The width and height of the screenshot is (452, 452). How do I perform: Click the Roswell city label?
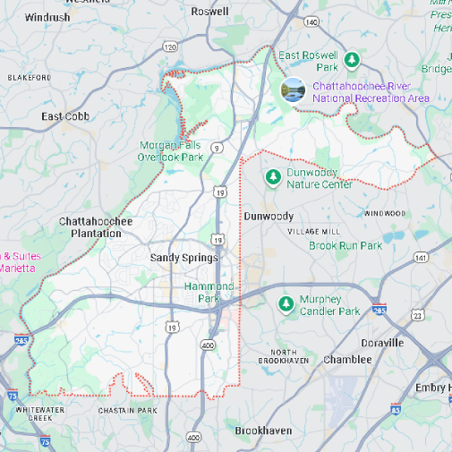(210, 12)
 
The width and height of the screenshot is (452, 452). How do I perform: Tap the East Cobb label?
(65, 116)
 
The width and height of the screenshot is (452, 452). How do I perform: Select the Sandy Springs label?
(183, 258)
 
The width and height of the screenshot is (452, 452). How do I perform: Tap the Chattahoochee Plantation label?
(96, 227)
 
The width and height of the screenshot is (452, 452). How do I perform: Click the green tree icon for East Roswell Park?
(353, 60)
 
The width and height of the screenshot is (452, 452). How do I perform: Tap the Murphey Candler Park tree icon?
(286, 304)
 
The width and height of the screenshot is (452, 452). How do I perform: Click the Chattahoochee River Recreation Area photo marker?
(293, 90)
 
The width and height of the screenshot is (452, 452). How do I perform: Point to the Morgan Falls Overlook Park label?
(171, 150)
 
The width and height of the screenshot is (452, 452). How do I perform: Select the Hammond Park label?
(209, 292)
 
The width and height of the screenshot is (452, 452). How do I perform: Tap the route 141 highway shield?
(422, 258)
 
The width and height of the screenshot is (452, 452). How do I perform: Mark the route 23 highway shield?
(417, 315)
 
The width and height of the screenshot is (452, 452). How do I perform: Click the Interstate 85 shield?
(396, 409)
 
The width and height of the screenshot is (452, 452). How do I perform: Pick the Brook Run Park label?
(345, 245)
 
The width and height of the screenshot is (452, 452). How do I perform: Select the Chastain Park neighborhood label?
(127, 411)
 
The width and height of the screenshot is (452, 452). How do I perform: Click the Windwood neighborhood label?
(385, 213)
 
